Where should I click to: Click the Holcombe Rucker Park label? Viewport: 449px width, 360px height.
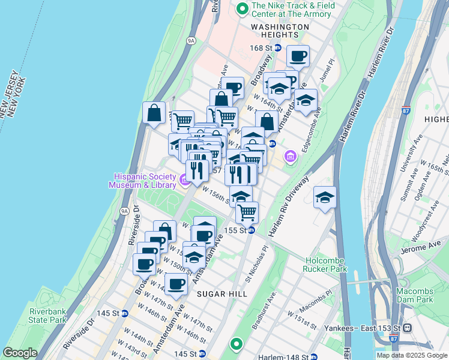[x=326, y=265]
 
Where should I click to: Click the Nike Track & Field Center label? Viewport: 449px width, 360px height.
[x=293, y=9]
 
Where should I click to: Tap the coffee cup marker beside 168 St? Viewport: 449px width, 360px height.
[x=297, y=57]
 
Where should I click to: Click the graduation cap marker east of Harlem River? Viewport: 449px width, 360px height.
[x=324, y=197]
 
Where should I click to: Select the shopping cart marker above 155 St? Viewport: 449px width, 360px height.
[x=247, y=212]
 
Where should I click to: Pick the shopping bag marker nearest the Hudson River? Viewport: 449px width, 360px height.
[x=154, y=113]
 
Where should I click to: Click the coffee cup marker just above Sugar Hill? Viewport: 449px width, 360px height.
[x=175, y=284]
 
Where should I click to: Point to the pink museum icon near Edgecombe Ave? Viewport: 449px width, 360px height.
[x=291, y=157]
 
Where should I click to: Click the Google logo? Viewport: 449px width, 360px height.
[x=20, y=353]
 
